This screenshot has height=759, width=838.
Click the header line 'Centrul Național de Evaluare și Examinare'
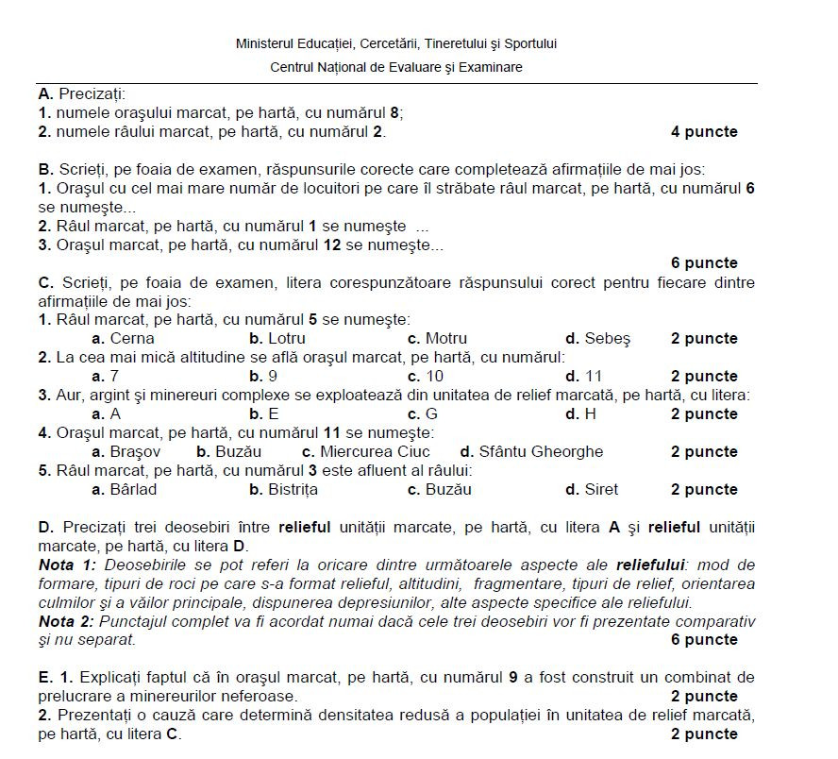coord(395,67)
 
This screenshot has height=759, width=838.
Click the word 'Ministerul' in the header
coord(263,43)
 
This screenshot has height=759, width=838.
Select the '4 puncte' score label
coord(704,132)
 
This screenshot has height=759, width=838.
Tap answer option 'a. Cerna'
coord(123,339)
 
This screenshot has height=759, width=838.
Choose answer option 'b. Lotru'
coord(279,339)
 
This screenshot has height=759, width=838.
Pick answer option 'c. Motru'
coord(437,339)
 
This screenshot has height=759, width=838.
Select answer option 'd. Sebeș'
coord(596,339)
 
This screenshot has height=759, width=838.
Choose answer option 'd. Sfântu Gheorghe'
coord(531,452)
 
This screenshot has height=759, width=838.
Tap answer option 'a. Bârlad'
coord(125,490)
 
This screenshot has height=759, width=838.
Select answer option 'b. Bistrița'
coord(283,490)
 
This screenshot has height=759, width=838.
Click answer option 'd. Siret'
coord(592,490)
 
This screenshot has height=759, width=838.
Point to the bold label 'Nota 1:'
coord(68,565)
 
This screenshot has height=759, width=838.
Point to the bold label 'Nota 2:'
coord(68,621)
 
